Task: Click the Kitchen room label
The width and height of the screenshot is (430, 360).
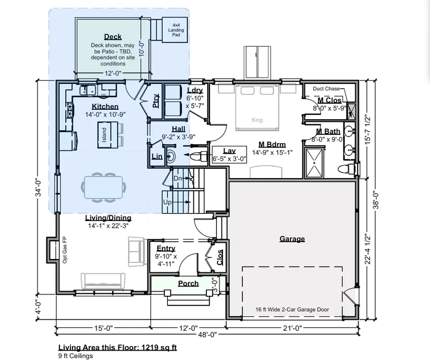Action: pos(105,106)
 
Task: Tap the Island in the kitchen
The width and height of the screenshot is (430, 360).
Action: pos(104,135)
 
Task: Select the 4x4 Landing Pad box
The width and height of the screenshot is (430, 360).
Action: pos(175,30)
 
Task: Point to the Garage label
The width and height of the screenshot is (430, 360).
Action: pos(292,239)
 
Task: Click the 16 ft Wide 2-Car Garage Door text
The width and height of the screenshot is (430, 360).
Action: pos(292,309)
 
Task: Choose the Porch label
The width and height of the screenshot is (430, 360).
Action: pos(188,283)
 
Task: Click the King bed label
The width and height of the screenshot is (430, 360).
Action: pos(257,120)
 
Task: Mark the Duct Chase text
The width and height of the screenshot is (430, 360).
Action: pos(326,89)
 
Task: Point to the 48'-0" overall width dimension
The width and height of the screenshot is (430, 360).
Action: pos(207,334)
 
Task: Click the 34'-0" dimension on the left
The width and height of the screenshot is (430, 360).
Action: pos(39,188)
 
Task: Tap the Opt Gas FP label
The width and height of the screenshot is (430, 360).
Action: pos(65,250)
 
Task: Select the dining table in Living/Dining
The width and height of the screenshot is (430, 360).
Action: pos(103,187)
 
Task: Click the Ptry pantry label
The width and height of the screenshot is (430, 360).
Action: pos(155,101)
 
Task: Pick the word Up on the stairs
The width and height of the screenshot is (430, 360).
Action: pos(167,202)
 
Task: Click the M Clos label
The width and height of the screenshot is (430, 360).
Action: pos(329,100)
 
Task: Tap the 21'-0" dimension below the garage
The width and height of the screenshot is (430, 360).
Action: pos(292,328)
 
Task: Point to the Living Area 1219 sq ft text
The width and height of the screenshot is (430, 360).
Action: pos(118,347)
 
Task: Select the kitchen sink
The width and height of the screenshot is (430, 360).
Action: pos(88,90)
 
